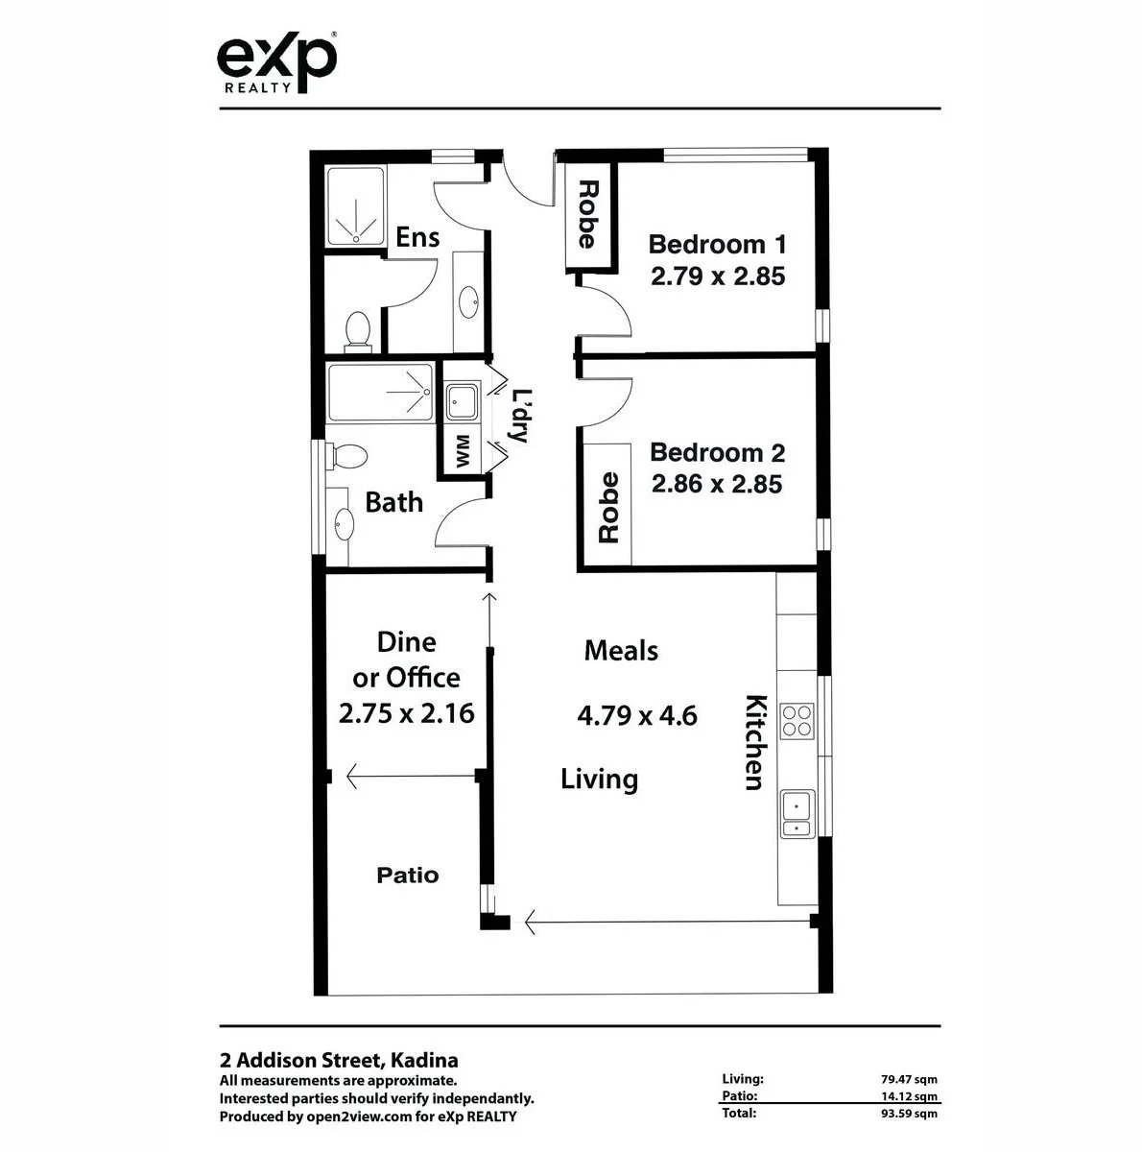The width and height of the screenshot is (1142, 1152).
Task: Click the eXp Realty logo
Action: [276, 62]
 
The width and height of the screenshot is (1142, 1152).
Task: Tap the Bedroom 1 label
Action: [717, 244]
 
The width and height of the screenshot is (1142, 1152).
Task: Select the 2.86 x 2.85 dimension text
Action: [717, 485]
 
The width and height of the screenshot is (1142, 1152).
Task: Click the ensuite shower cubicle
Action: [356, 206]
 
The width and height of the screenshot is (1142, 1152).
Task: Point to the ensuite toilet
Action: [358, 328]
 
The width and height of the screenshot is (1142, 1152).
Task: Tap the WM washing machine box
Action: [463, 450]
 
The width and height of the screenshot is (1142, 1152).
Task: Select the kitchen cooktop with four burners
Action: [797, 720]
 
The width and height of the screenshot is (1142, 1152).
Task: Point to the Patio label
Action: [407, 876]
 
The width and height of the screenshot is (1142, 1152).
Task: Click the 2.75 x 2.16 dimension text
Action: [406, 713]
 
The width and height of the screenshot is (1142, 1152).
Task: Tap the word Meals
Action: [621, 651]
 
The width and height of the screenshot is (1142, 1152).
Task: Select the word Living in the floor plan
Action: [599, 779]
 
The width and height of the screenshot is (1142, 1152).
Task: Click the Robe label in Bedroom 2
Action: [608, 508]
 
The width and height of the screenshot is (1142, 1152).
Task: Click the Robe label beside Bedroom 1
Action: [586, 214]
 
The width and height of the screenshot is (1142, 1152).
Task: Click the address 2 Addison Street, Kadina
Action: [339, 1061]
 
